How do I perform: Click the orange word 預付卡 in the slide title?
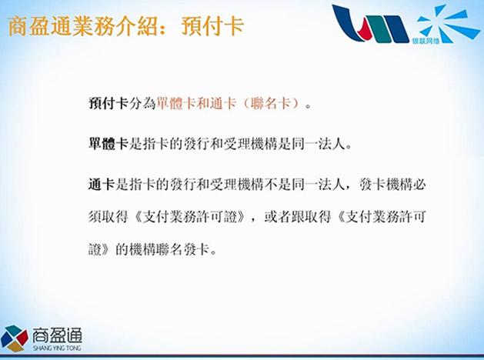tap(213, 26)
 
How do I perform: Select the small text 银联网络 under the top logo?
tap(426, 41)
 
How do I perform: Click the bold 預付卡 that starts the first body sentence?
tap(108, 103)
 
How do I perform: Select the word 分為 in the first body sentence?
tap(142, 103)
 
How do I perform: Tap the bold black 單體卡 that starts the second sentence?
tap(108, 144)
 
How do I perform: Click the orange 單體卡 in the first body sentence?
tap(175, 103)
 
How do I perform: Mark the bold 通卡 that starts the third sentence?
tap(102, 185)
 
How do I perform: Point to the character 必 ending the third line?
tap(419, 185)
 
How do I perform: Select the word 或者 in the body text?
tap(277, 217)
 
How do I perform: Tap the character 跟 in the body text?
tap(298, 217)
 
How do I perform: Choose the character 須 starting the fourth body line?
tap(95, 217)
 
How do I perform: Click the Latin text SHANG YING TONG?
tap(57, 348)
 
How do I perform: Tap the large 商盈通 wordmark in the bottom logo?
tap(58, 335)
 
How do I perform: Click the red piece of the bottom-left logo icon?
tap(22, 338)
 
